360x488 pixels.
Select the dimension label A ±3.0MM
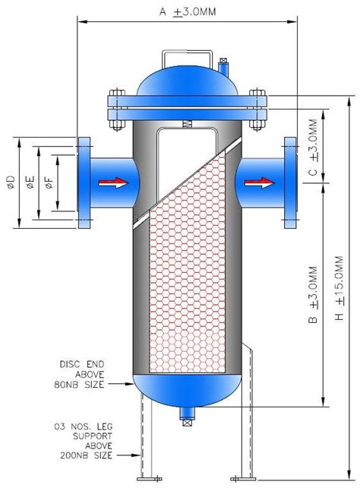click(188, 13)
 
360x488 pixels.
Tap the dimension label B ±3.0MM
click(313, 296)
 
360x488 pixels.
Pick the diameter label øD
click(10, 182)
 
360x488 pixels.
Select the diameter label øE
click(30, 182)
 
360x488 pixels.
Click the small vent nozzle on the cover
click(223, 68)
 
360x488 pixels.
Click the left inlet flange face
click(84, 182)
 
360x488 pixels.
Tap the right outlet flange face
click(290, 182)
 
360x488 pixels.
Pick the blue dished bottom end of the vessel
click(188, 388)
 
